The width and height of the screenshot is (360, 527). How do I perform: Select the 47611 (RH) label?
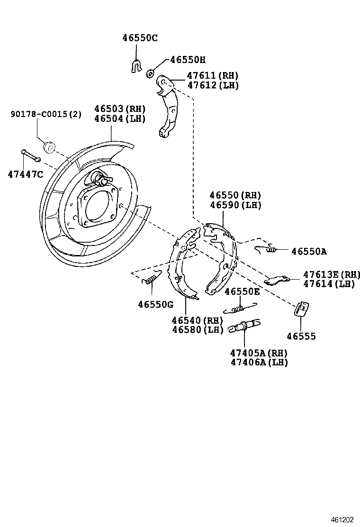click(x=212, y=76)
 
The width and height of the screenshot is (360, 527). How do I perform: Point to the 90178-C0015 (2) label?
click(x=46, y=114)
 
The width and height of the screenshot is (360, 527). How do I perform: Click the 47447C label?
click(x=25, y=174)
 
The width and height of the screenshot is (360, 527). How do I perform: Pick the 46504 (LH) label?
click(x=119, y=118)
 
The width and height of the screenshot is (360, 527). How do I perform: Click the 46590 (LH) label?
click(x=235, y=205)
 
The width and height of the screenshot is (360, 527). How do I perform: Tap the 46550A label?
click(x=309, y=252)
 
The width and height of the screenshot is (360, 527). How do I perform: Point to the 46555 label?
click(x=301, y=336)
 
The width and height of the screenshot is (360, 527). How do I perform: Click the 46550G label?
click(x=156, y=304)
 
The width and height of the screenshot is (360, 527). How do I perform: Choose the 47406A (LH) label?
click(x=259, y=362)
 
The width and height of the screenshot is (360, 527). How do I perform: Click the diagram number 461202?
click(x=342, y=519)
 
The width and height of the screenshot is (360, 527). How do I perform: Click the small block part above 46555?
click(x=301, y=308)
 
